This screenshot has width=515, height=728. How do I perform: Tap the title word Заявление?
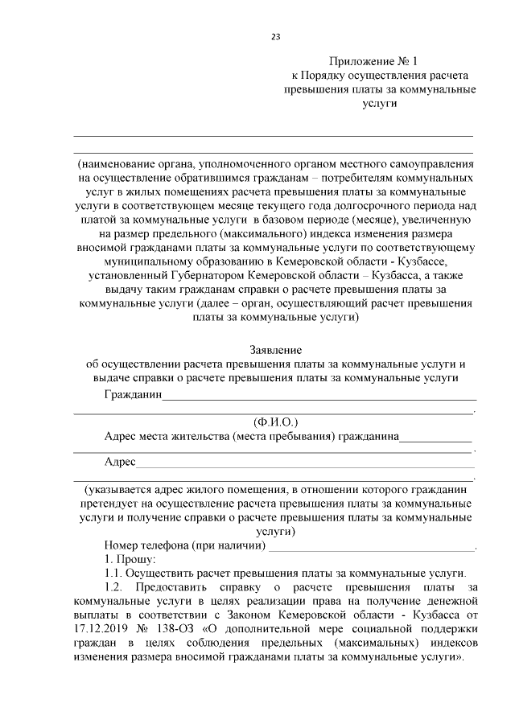(x=274, y=350)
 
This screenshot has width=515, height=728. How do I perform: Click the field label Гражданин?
(x=133, y=395)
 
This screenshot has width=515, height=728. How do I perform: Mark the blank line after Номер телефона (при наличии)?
(x=370, y=547)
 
